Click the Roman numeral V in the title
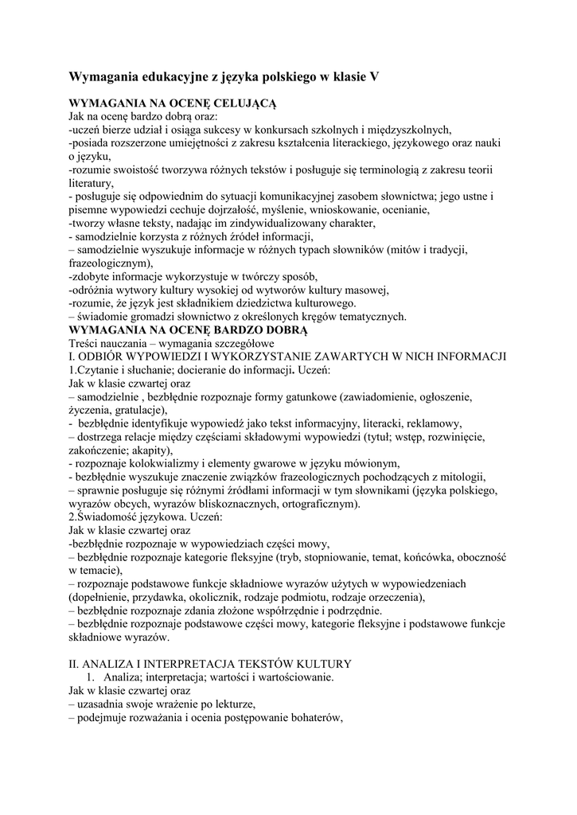[x=374, y=77]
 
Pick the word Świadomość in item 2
[x=107, y=517]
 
